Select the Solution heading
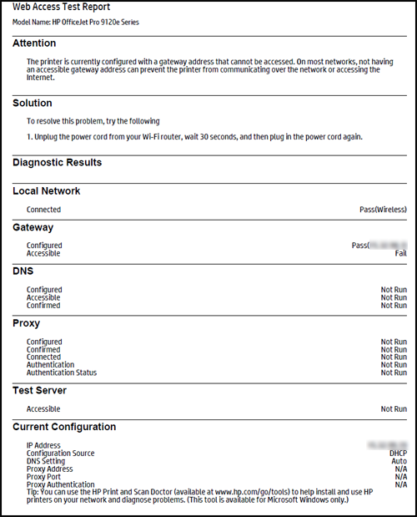coord(33,104)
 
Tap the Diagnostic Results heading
coord(58,163)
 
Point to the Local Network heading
coord(47,191)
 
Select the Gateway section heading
coord(33,227)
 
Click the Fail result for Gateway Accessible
coord(400,253)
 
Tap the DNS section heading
coord(23,271)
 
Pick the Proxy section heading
coord(27,323)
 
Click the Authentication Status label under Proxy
coord(62,373)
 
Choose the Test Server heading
coord(39,390)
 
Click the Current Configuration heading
coord(64,428)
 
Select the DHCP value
coord(396,454)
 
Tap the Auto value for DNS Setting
coord(399,461)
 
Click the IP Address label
coord(43,446)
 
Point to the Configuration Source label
coord(60,454)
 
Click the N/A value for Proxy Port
coord(400,476)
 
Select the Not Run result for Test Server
coord(394,409)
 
